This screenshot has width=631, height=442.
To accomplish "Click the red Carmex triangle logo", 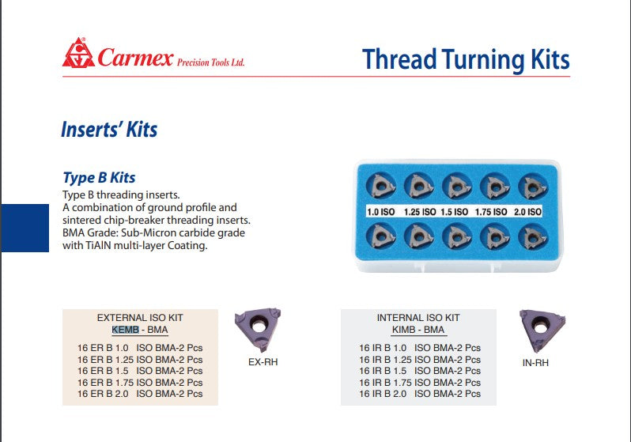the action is (x=78, y=53).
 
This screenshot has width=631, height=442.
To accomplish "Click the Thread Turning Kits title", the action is (x=466, y=59).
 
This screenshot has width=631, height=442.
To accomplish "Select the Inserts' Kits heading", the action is (x=109, y=130).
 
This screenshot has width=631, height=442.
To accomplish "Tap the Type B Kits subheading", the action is (x=99, y=178).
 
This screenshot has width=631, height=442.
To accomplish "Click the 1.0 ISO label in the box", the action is (x=380, y=212).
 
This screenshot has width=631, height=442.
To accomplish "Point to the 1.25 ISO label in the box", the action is (x=420, y=212).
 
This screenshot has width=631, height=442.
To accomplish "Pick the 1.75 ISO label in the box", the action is (x=491, y=212).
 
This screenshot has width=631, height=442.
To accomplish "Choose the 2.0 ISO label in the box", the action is (x=527, y=212).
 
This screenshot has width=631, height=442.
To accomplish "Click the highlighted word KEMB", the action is (x=125, y=330).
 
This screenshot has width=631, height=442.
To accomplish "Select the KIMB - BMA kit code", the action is (x=418, y=330).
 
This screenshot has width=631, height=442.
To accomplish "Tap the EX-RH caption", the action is (x=263, y=362).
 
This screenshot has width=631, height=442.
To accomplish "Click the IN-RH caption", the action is (x=535, y=363).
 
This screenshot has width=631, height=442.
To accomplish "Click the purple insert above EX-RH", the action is (x=259, y=328).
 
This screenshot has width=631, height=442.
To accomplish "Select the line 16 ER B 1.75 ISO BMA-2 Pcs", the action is (x=140, y=383).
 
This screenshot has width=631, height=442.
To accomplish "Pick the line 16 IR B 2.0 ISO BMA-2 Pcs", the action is (x=420, y=394).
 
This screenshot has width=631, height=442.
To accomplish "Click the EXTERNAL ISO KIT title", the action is (x=140, y=318).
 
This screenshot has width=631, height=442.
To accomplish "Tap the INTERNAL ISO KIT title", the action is (x=418, y=318).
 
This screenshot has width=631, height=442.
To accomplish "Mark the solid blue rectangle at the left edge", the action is (x=25, y=228).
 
